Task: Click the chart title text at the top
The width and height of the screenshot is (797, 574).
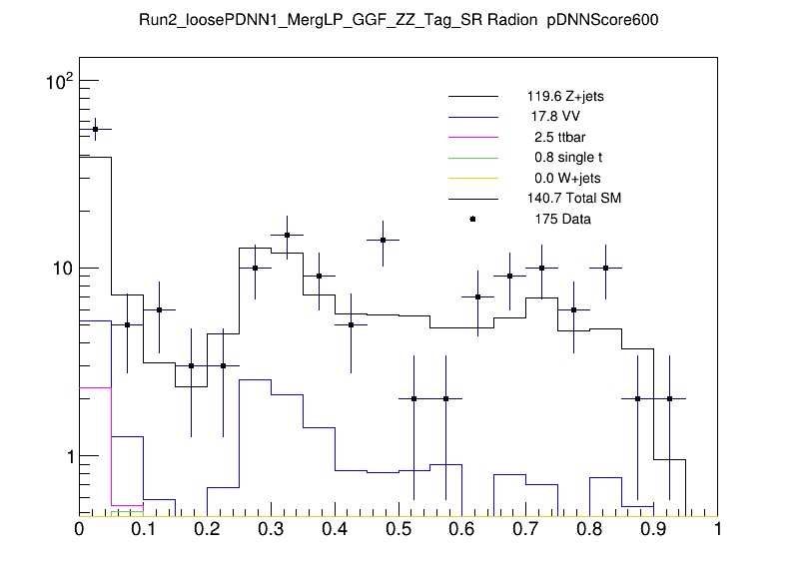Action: coord(398,20)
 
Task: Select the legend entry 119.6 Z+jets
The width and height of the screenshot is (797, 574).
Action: coord(565,97)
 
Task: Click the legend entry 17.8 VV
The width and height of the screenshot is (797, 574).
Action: coord(555,117)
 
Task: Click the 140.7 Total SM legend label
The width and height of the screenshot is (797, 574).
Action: coord(574,199)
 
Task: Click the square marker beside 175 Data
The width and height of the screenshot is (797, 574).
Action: coord(472,219)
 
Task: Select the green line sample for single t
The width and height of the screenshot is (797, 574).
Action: coord(472,158)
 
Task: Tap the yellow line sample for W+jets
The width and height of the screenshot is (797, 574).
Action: coord(472,178)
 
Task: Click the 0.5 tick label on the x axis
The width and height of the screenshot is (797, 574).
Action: coord(398,529)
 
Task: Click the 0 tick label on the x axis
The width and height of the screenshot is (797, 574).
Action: coord(80,529)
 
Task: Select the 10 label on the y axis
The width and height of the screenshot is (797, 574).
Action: coord(61,269)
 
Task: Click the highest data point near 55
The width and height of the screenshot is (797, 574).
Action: coord(95,129)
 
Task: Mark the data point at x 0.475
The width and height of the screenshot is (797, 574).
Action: coord(383,240)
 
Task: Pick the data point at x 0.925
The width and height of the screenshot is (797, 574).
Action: coord(670,398)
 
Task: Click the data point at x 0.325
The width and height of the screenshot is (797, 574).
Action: coord(287,236)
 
